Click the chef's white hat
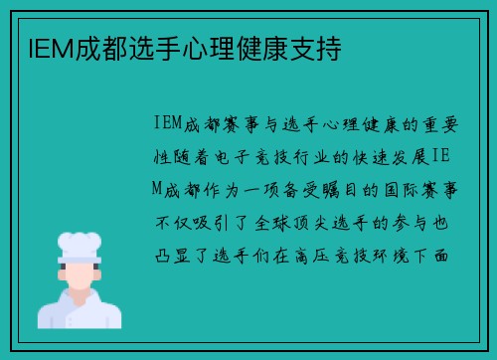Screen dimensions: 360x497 pyautogui.click(x=81, y=246)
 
